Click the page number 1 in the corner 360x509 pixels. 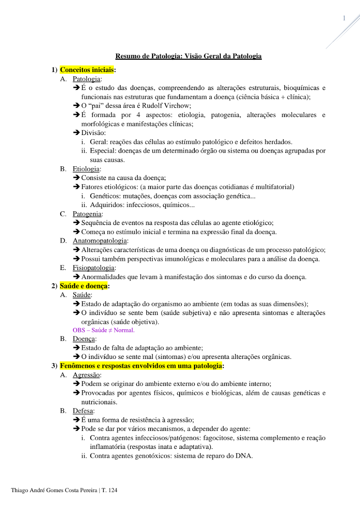[344, 18]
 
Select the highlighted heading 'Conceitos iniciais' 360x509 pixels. [87, 70]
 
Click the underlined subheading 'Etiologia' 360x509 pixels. [86, 169]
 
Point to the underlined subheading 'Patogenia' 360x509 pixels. [87, 214]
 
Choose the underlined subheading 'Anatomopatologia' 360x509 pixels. [100, 241]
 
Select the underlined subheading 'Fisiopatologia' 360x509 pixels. [94, 268]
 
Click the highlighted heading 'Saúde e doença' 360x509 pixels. [84, 286]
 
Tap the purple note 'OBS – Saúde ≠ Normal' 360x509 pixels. [103, 330]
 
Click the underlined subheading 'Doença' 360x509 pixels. [84, 339]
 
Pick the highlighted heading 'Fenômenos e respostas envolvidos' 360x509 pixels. [141, 366]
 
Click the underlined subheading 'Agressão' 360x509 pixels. [86, 375]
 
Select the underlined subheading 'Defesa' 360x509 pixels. [83, 411]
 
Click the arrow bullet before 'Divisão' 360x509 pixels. [76, 133]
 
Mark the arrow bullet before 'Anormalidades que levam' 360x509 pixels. [76, 277]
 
